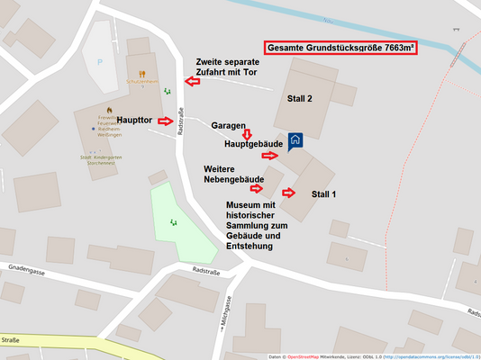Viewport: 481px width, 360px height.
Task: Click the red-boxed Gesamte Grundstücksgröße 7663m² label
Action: (x=340, y=49)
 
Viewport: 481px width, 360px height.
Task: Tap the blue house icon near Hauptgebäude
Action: (x=295, y=140)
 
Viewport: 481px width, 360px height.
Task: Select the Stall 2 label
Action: (x=299, y=98)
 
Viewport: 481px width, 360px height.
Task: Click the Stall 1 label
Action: (x=323, y=193)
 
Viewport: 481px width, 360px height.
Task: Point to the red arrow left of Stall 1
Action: (x=288, y=193)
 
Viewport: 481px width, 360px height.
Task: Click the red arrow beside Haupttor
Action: (x=165, y=121)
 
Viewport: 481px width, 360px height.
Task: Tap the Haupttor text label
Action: (x=135, y=121)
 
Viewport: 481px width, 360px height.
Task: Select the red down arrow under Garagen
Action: (x=245, y=134)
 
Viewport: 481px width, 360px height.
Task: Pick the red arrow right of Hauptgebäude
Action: (x=270, y=156)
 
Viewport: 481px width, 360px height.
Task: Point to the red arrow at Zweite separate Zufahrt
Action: (x=191, y=82)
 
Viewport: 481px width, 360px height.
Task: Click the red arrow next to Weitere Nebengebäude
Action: (x=257, y=187)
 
